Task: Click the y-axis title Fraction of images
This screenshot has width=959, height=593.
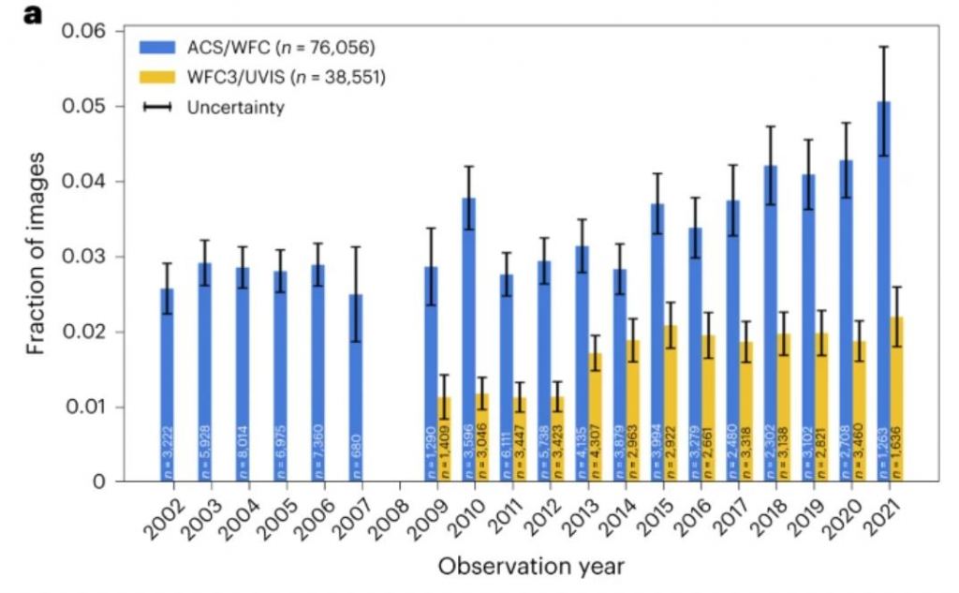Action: coord(35,257)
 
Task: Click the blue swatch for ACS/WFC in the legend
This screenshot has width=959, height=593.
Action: coord(158,46)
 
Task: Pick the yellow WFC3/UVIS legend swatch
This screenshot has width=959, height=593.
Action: coord(158,76)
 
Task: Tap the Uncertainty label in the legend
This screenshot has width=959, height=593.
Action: coord(235,107)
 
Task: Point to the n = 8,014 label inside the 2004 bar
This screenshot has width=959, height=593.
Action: coord(243,450)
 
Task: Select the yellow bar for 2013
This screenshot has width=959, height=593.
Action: coord(596,417)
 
